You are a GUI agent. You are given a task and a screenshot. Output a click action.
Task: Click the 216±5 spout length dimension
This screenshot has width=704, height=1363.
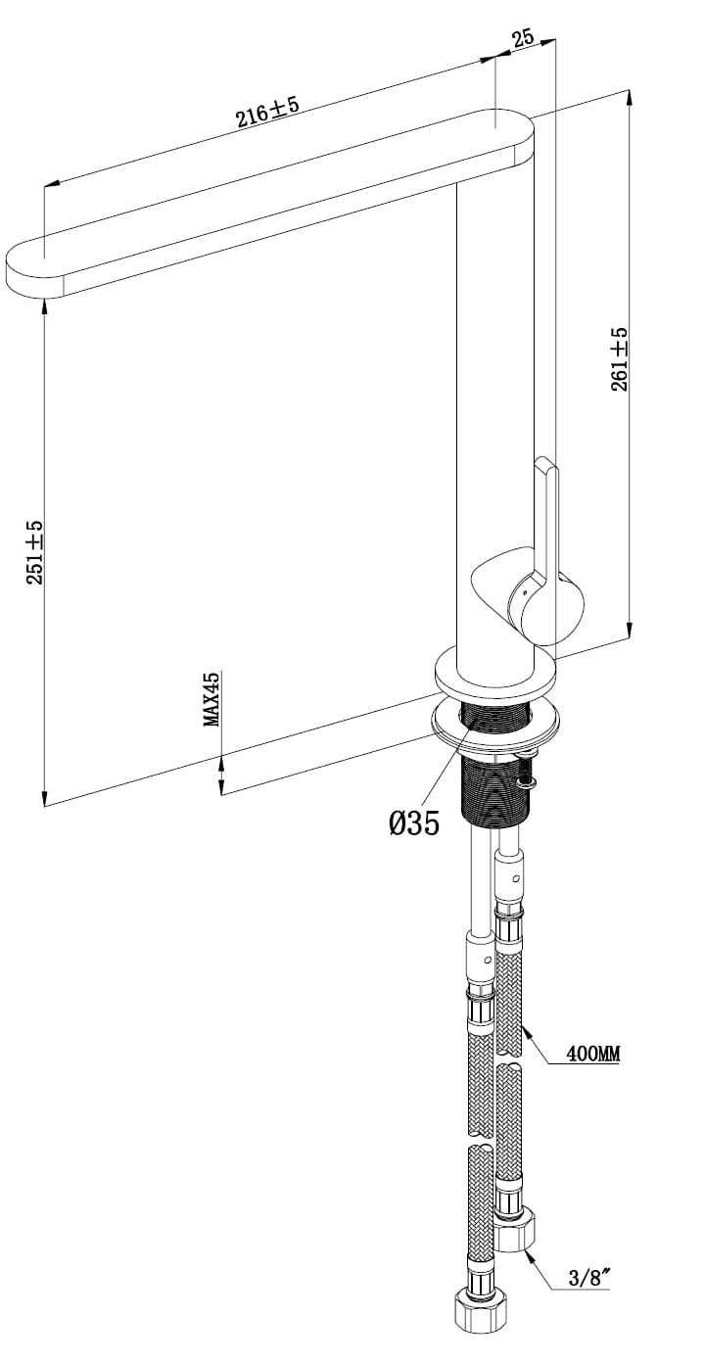(267, 111)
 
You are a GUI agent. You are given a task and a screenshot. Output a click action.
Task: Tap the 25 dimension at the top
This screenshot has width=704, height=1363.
(523, 38)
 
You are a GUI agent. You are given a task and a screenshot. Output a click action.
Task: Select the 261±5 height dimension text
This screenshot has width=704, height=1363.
(619, 359)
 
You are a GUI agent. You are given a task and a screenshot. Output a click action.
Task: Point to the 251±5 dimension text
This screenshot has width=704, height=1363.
(34, 552)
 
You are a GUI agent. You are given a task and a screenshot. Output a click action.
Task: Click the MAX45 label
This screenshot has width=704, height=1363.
(211, 699)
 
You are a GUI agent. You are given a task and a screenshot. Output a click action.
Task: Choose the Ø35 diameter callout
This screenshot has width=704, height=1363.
(414, 823)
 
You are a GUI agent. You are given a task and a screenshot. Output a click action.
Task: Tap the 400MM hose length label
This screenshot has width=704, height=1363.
(593, 1054)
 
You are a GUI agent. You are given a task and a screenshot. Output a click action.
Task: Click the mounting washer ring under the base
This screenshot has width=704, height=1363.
(494, 726)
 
